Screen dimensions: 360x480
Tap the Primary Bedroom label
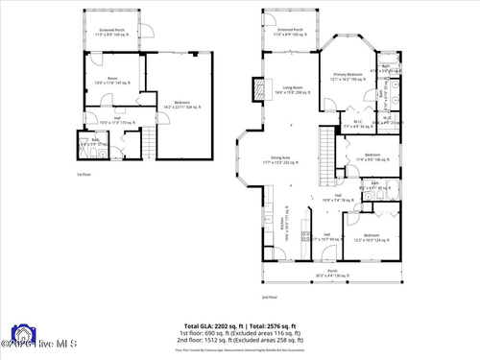click(348, 77)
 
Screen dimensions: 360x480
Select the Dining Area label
click(280, 159)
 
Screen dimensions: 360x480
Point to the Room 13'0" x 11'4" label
click(112, 81)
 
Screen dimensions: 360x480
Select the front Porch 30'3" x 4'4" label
click(332, 274)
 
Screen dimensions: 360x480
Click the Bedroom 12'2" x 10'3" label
click(371, 237)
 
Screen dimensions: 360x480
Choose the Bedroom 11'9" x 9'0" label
click(372, 157)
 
